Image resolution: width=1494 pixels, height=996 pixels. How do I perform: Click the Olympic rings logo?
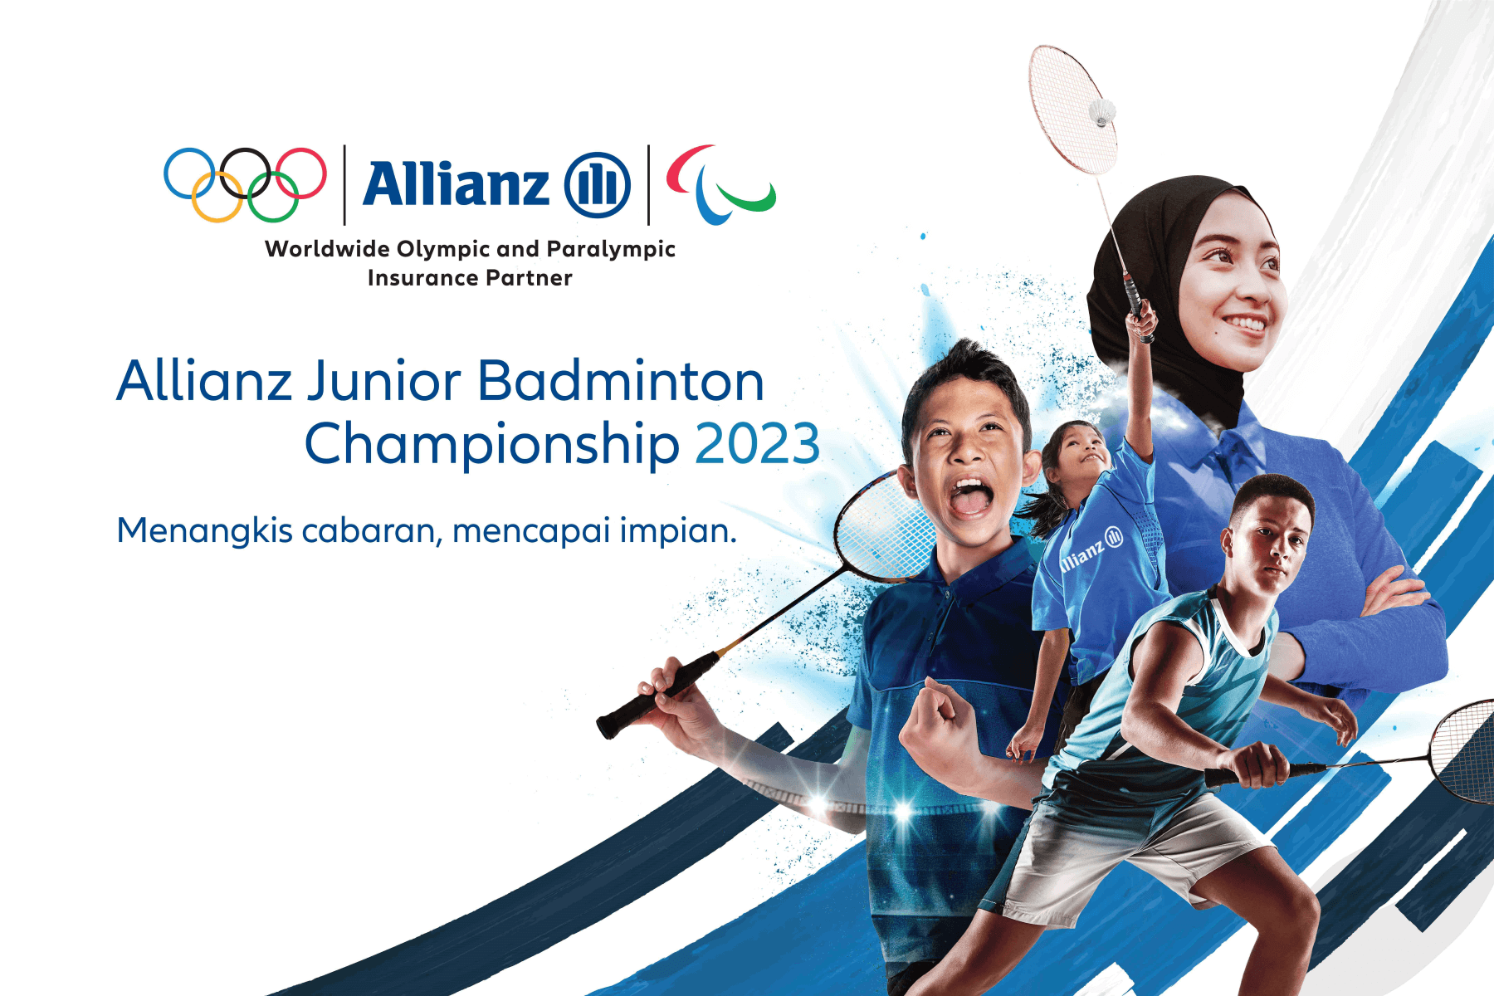click(x=245, y=184)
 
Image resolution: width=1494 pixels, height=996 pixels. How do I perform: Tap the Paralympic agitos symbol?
click(x=720, y=184)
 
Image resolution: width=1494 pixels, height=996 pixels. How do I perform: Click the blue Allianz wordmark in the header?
click(x=456, y=183)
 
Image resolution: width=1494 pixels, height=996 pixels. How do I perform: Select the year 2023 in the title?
click(x=757, y=444)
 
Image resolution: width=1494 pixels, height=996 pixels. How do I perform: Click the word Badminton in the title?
click(x=621, y=382)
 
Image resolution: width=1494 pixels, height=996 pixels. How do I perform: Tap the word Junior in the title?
click(x=384, y=382)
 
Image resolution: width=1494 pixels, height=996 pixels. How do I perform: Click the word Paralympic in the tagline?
click(x=611, y=250)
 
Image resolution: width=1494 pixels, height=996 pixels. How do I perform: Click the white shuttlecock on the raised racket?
click(x=1102, y=112)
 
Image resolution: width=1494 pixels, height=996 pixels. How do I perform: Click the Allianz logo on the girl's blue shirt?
click(x=1091, y=549)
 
